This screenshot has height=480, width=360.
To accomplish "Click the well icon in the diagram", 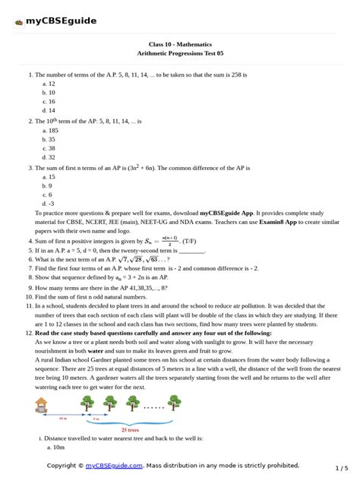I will click(x=41, y=404).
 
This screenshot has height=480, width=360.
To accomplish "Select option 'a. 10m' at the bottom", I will click(x=52, y=447).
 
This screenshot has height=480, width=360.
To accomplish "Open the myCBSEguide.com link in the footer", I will click(x=114, y=466).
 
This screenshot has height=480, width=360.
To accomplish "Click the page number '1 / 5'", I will click(x=342, y=468).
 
